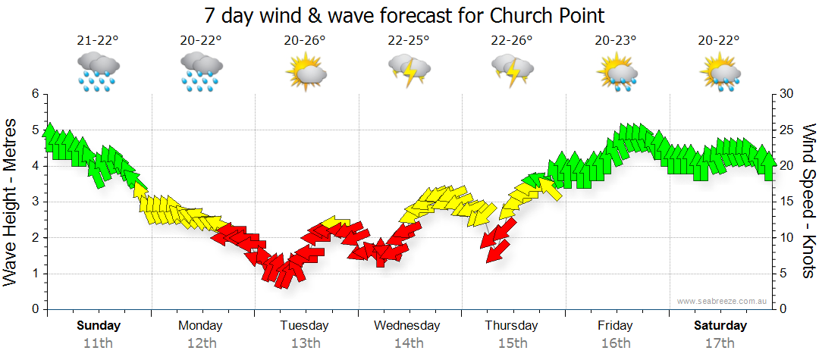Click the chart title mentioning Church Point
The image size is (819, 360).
point(404,16)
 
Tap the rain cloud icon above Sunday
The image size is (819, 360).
point(99,71)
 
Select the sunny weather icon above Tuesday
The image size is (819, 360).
point(306,73)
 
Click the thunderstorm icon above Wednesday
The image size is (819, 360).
point(409,71)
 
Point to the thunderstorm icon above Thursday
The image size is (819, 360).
point(513,71)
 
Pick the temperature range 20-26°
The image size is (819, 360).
point(306,40)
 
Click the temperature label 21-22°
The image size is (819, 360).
point(99,40)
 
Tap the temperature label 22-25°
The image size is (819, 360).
point(409,40)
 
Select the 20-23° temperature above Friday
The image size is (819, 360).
point(616,40)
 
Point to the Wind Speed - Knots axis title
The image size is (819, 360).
point(807,201)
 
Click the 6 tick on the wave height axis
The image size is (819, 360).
point(35,93)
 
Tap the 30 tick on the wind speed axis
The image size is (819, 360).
point(788,93)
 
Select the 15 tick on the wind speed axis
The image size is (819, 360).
point(788,202)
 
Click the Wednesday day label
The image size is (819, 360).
point(406,326)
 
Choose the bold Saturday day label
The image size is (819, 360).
point(720,326)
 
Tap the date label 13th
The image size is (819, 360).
point(305,343)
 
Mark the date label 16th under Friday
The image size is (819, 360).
point(615,343)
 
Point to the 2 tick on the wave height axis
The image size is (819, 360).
point(35,238)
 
